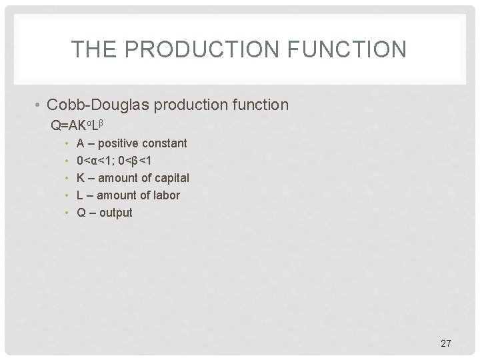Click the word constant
163,143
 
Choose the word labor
167,195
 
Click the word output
115,213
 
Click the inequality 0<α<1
94,161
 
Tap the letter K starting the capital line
81,178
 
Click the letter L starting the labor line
80,195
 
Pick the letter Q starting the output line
81,213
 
